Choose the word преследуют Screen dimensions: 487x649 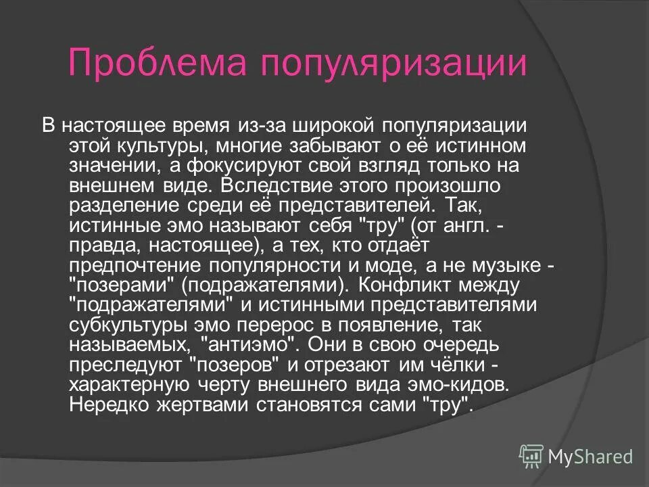coord(124,364)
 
